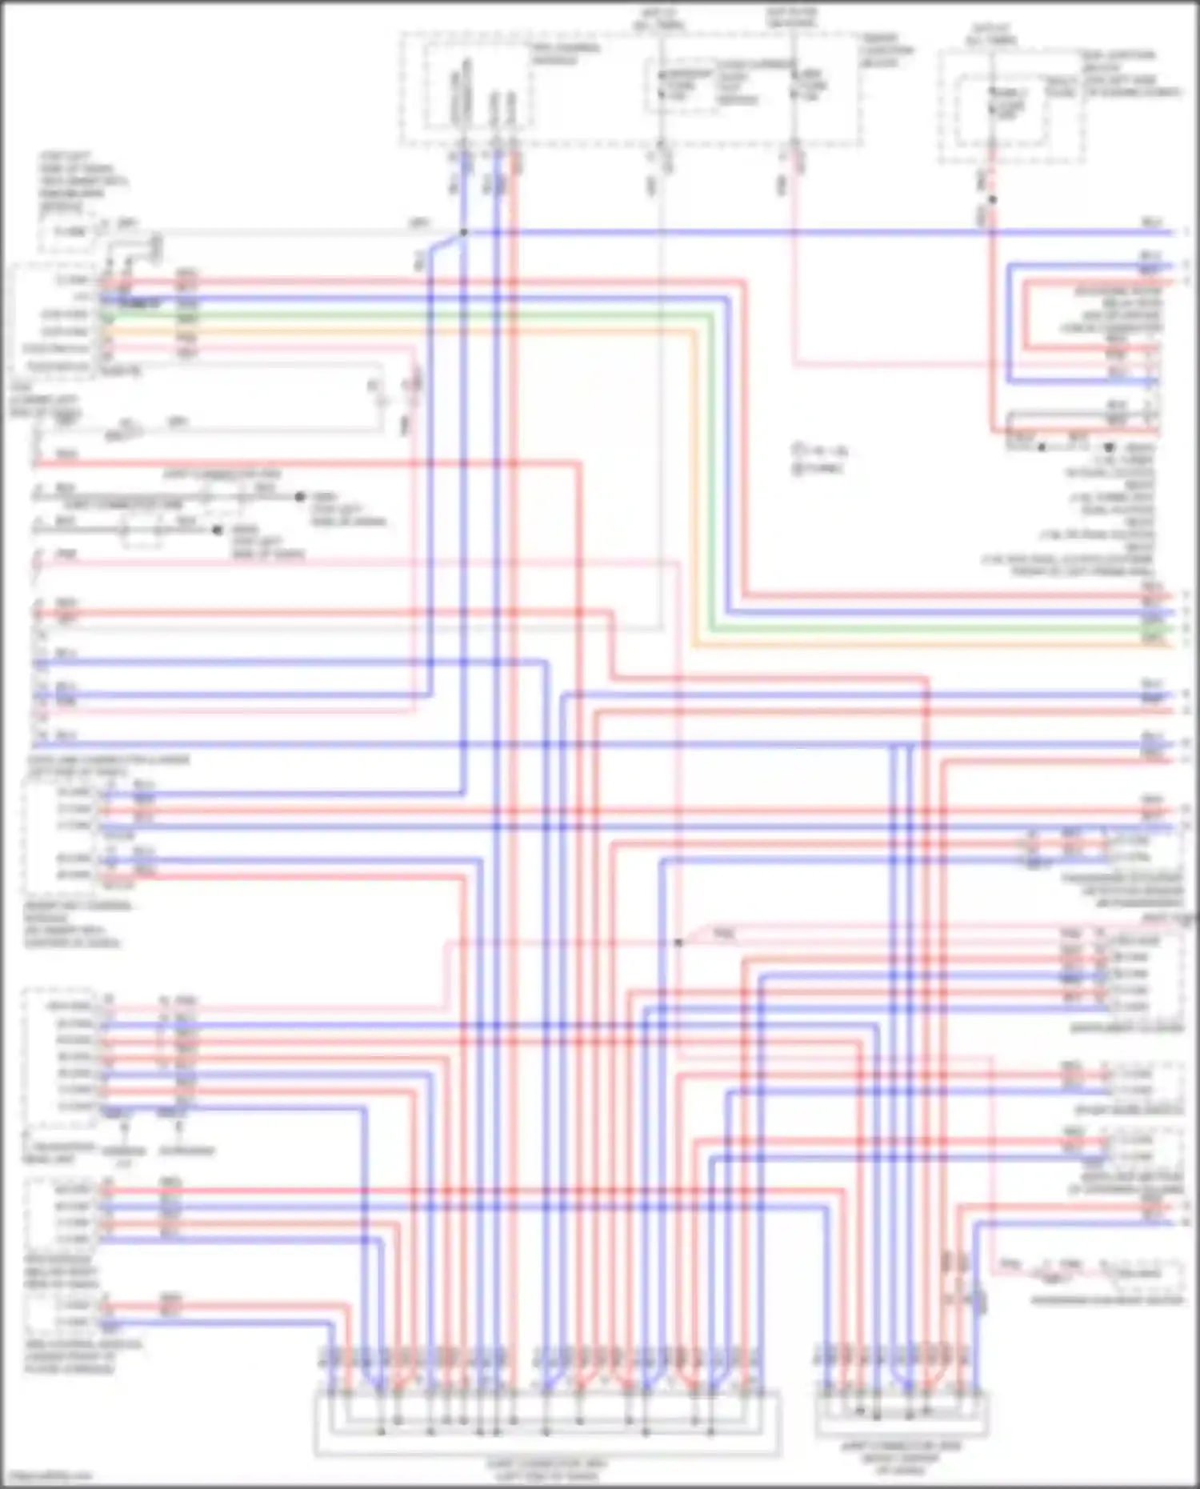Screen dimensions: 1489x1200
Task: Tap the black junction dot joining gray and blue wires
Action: click(463, 233)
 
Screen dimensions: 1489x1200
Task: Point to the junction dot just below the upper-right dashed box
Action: click(992, 199)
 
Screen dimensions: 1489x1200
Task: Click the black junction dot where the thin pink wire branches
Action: click(678, 943)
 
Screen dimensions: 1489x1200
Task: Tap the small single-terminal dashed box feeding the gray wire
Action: click(68, 232)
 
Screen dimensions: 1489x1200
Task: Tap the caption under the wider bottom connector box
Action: click(548, 1469)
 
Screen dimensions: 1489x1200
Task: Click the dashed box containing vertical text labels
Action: click(478, 88)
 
